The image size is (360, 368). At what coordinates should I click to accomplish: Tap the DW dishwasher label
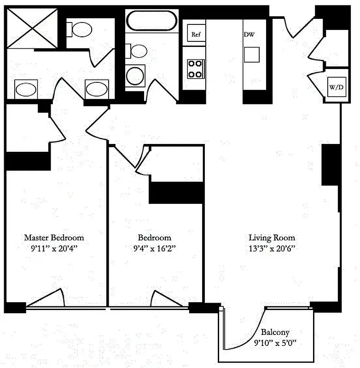tap(249, 34)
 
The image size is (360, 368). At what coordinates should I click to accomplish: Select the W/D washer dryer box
tap(335, 87)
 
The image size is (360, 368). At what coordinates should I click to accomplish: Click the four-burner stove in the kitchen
tap(195, 69)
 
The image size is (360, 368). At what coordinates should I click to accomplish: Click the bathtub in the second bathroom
tap(151, 21)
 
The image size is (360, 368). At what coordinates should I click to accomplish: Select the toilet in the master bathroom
tap(81, 30)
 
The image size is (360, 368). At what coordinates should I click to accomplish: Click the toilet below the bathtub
tap(137, 50)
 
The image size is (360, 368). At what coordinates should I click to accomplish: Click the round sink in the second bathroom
tap(135, 75)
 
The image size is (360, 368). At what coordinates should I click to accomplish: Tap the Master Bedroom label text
tap(54, 238)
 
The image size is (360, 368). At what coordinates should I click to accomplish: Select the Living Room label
tap(272, 238)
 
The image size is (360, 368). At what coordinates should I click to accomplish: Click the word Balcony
tap(275, 332)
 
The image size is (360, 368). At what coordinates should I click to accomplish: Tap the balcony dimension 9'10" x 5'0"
tap(275, 342)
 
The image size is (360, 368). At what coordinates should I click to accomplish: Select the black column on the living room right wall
tap(330, 165)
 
